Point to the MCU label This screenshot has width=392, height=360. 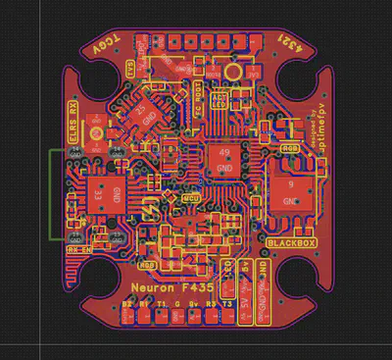click(193, 199)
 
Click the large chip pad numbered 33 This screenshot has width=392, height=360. click(97, 193)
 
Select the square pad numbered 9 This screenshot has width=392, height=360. click(292, 188)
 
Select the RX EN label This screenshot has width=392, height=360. click(78, 249)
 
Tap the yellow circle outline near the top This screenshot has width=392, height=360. click(232, 72)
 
